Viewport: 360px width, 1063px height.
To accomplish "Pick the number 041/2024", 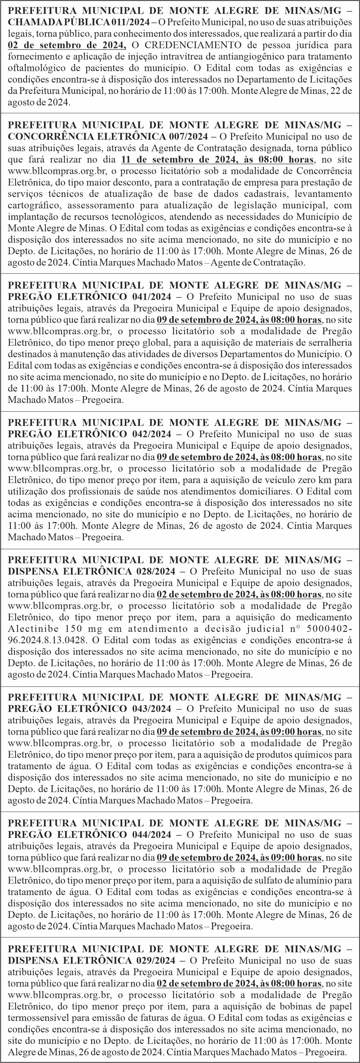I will [x=152, y=296].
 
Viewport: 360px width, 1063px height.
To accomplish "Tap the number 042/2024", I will [x=152, y=434].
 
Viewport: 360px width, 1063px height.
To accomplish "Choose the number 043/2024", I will [x=152, y=709].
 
